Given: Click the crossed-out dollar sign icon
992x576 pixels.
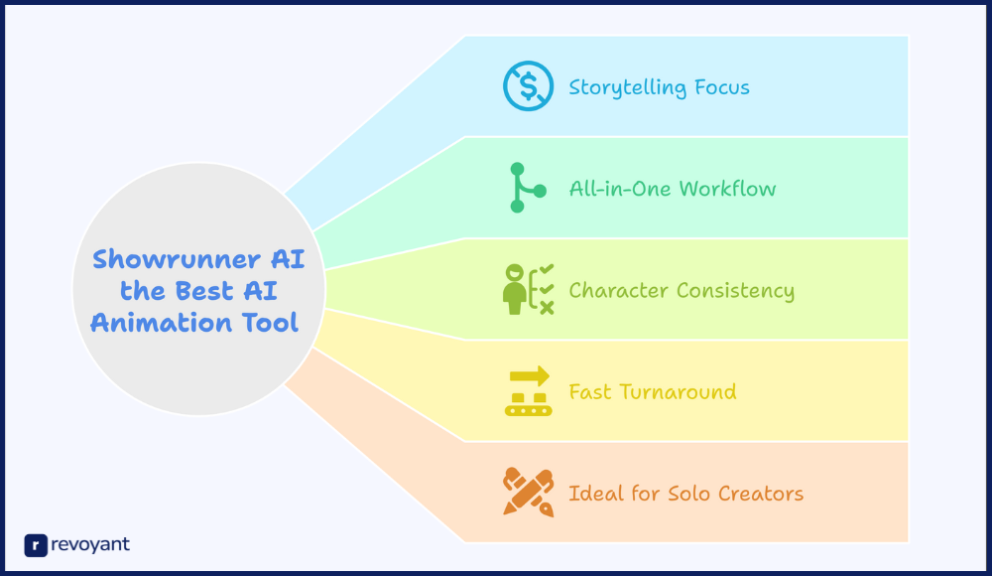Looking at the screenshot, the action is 529,86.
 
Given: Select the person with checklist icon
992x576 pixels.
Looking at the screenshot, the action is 529,290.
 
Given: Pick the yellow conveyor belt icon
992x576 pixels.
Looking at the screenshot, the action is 529,391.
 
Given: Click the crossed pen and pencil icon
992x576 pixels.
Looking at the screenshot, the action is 529,493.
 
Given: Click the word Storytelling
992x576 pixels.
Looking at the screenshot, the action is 628,88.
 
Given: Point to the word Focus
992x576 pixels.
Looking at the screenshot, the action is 722,86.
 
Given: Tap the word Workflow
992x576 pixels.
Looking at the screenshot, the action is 727,189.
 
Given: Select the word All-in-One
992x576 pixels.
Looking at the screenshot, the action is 621,189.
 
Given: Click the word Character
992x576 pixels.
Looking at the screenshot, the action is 619,290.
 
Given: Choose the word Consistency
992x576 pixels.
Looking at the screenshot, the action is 735,291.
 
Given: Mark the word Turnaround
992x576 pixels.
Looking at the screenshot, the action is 678,391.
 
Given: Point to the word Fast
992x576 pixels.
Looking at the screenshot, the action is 590,391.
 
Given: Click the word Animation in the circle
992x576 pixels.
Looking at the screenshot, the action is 162,323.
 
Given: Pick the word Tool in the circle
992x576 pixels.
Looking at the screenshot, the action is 270,323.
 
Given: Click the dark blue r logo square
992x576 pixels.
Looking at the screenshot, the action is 36,545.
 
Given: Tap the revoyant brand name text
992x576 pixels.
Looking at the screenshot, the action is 90,545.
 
